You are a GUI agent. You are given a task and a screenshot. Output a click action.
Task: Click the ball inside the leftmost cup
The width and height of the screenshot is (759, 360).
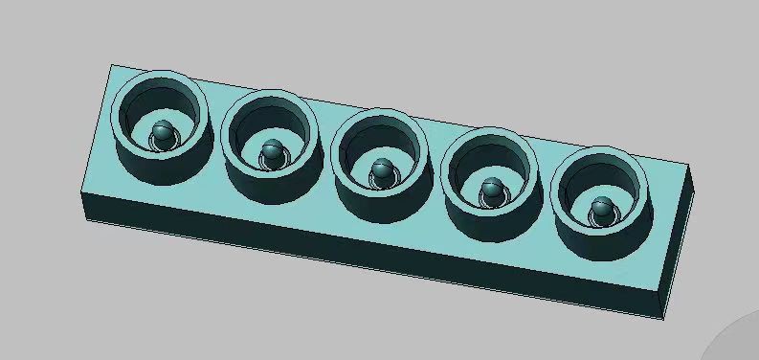(163, 134)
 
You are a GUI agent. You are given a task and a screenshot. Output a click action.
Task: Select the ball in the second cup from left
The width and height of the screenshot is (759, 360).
(274, 151)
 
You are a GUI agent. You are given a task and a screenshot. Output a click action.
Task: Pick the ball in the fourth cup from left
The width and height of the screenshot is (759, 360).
(492, 188)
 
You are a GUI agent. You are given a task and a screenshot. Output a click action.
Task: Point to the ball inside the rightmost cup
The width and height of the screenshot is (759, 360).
(602, 206)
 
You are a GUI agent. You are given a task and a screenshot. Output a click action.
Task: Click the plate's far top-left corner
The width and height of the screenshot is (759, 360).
(112, 65)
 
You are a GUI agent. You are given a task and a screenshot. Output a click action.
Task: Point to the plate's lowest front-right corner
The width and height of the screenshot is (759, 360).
(663, 318)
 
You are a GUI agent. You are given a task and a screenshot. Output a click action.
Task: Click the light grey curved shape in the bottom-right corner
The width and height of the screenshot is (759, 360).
(737, 341)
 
